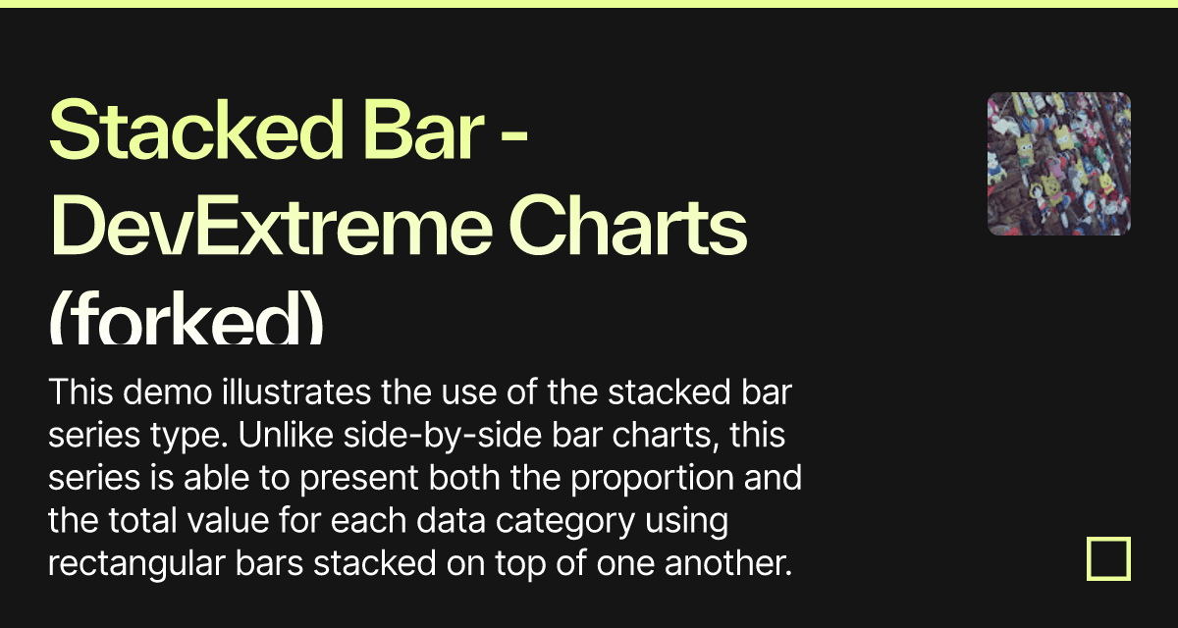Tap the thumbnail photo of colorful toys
[x=1058, y=164]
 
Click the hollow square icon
[x=1108, y=559]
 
